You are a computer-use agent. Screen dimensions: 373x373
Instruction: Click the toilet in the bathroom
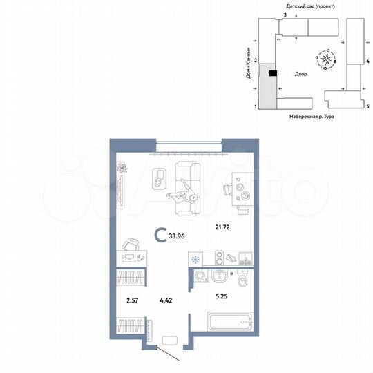pyautogui.click(x=240, y=281)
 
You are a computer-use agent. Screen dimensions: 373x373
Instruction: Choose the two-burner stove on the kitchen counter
pyautogui.click(x=220, y=259)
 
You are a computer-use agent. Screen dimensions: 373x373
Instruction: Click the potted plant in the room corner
pyautogui.click(x=122, y=169)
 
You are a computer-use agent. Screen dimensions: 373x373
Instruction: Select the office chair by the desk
pyautogui.click(x=131, y=245)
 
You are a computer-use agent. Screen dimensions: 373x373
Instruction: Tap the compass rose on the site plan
pyautogui.click(x=325, y=60)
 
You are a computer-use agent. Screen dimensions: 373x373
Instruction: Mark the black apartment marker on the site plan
pyautogui.click(x=273, y=73)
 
